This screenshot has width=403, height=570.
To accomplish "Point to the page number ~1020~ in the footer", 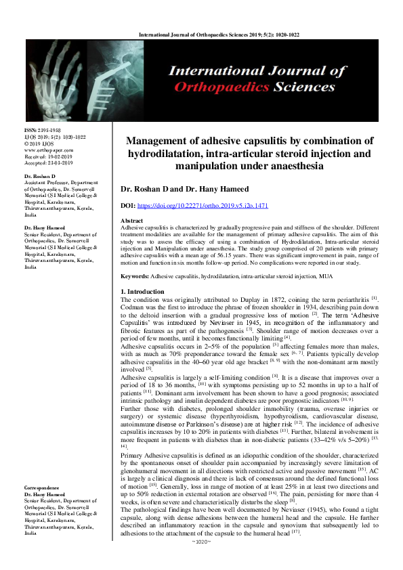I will click(x=201, y=561).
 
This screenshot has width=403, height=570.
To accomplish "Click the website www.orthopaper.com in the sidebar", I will click(x=47, y=149).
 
